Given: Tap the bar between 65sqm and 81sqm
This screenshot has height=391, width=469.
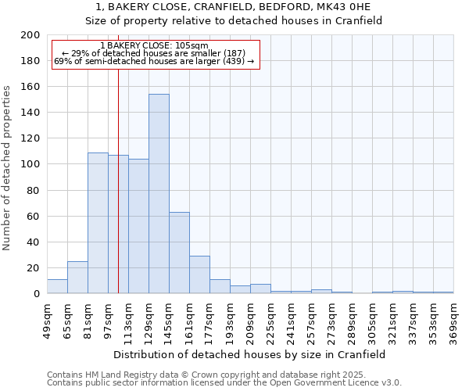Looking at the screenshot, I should pyautogui.click(x=77, y=278).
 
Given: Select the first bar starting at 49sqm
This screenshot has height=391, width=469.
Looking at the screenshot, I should pyautogui.click(x=57, y=286).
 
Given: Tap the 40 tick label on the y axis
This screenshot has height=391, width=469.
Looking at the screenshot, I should pyautogui.click(x=33, y=242).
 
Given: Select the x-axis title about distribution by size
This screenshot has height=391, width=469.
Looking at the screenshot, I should pyautogui.click(x=249, y=354).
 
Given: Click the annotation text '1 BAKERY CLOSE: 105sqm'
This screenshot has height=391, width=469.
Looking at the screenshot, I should pyautogui.click(x=154, y=46).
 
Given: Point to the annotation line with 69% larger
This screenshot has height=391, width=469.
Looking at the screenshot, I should pyautogui.click(x=154, y=61).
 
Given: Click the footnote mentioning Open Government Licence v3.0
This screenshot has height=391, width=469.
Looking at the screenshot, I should pyautogui.click(x=224, y=383).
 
